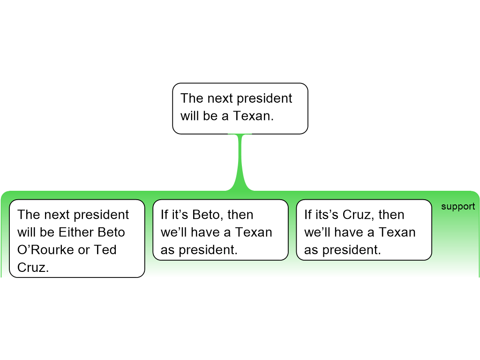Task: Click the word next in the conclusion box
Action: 220,98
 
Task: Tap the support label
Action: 458,207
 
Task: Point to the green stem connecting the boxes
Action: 240,162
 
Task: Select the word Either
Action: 76,232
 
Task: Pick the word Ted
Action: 105,250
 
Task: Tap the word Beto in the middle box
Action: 208,215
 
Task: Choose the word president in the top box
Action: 264,98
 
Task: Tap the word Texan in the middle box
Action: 253,232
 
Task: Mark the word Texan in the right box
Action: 397,232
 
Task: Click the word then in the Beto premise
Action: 240,215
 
